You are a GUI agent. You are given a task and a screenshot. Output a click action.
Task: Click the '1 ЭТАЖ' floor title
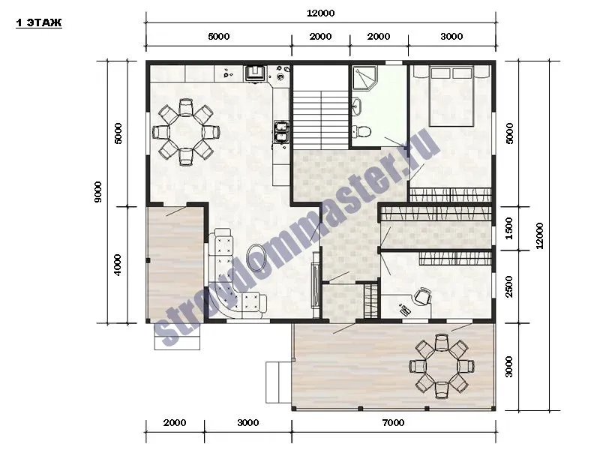(39, 22)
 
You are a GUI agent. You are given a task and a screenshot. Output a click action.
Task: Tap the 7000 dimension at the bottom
(393, 423)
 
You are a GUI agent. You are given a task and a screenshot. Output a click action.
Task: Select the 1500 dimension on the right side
(509, 229)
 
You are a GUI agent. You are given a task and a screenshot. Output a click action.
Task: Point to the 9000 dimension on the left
(98, 192)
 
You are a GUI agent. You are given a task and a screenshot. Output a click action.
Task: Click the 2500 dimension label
(509, 286)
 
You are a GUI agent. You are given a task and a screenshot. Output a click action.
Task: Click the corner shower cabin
(364, 78)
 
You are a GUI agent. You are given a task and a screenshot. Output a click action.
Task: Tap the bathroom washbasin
(357, 106)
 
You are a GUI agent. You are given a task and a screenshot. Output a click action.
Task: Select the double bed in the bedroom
(451, 97)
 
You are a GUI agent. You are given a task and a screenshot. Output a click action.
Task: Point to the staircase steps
(321, 119)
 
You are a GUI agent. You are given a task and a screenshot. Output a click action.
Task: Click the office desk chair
(423, 296)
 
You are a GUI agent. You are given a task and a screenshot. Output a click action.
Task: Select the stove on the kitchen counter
(255, 73)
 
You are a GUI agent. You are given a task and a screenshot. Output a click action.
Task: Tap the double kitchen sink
(281, 132)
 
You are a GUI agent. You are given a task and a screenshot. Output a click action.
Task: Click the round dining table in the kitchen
(186, 132)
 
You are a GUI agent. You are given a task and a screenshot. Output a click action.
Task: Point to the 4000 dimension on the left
(118, 265)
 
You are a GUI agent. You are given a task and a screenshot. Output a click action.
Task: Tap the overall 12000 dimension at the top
(321, 13)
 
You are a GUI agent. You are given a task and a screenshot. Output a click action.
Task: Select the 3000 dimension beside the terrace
(508, 367)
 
